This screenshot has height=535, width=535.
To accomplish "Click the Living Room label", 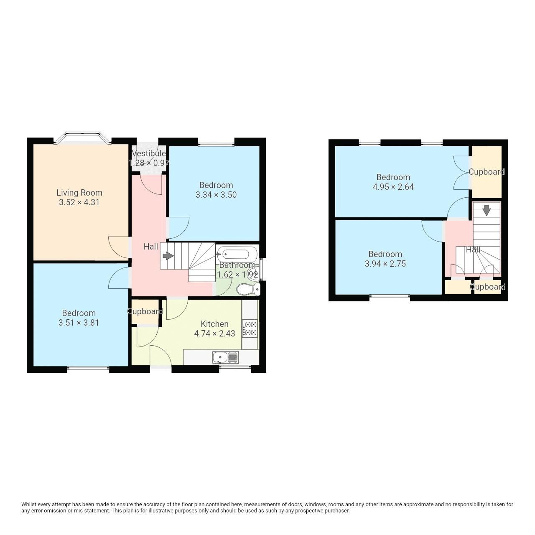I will pos(79,193).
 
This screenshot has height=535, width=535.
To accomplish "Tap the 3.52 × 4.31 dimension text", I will pos(79,202).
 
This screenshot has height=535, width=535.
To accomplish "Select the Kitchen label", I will pos(214,324).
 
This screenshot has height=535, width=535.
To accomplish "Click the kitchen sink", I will pos(225,357).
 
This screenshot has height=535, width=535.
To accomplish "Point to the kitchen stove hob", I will pos(250,328).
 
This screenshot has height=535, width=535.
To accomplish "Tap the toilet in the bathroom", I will pos(247,289).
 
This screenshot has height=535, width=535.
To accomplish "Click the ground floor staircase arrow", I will pos(168,255).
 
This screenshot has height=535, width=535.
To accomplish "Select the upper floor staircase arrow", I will pos(486,210).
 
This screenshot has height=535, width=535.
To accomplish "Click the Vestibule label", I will pos(149,153).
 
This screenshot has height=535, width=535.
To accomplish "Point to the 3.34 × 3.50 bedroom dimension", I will pos(216,195).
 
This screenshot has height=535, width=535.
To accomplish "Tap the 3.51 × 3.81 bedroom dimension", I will pos(79,323).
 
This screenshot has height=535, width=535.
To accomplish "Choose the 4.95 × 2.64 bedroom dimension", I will pos(393,187).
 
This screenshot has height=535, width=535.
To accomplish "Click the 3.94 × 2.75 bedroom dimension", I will pos(385,264).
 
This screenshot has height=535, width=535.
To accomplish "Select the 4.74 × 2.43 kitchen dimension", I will pos(214,334).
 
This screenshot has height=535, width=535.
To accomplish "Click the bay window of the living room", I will pos(82,138).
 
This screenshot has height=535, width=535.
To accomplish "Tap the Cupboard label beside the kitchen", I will pos(145,311).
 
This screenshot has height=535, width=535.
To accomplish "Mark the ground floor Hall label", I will pos(150,247).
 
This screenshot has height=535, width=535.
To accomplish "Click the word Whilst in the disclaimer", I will pos(30,504).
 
